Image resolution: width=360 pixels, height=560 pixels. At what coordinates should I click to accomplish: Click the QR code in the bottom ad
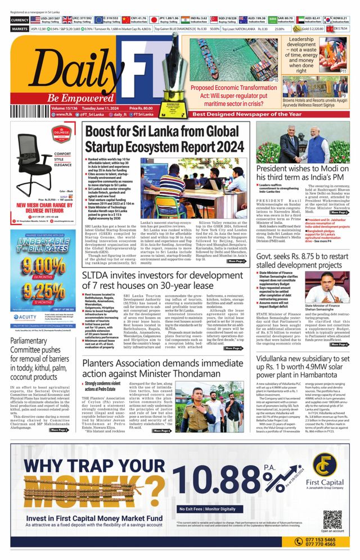click(332, 518)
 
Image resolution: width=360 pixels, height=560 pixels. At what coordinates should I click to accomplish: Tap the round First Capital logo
click(325, 464)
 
